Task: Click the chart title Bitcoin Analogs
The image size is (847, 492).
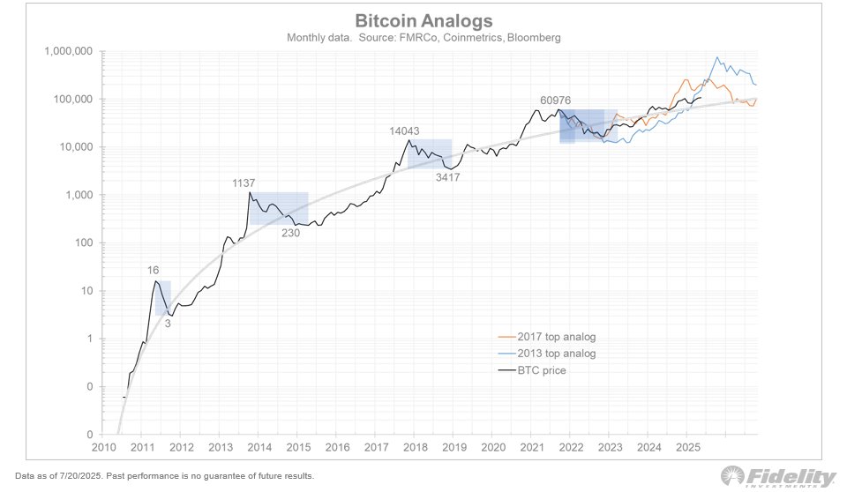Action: pyautogui.click(x=423, y=20)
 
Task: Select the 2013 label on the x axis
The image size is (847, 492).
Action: pyautogui.click(x=221, y=448)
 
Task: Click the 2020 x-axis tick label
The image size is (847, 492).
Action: pyautogui.click(x=492, y=448)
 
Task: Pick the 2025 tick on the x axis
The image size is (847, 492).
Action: pyautogui.click(x=686, y=448)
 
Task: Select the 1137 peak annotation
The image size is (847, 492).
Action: pyautogui.click(x=244, y=183)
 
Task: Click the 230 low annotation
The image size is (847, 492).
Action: pyautogui.click(x=291, y=234)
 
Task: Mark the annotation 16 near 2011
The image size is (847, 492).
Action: pyautogui.click(x=154, y=270)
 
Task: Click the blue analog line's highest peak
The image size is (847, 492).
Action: pyautogui.click(x=717, y=58)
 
